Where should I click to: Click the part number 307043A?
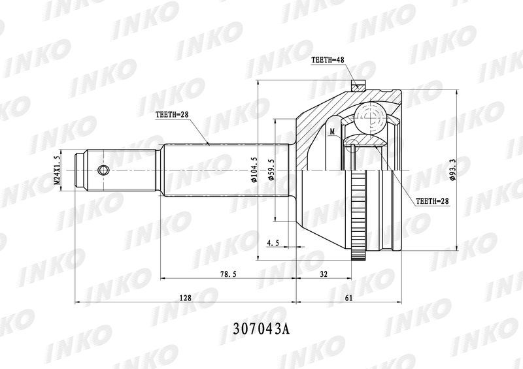coord(261,329)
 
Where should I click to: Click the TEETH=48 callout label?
coord(328,60)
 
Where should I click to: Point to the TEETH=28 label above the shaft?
coord(172,114)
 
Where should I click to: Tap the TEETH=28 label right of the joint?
coord(432,201)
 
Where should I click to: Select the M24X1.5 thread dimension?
coord(57,170)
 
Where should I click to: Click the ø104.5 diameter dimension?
coord(254,170)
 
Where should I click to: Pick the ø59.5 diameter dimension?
coord(271,170)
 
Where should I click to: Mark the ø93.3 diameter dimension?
coord(452,170)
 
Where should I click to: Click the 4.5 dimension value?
coord(273,243)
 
